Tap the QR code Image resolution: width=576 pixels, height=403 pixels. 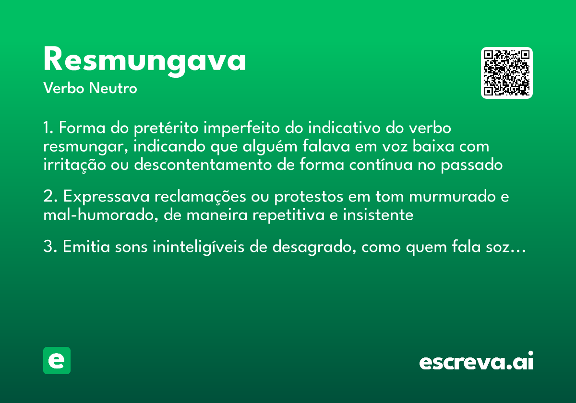point(507,73)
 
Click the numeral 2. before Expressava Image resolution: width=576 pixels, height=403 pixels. point(50,197)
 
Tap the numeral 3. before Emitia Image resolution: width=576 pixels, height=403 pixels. point(50,248)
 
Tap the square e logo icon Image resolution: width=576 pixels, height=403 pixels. point(57,360)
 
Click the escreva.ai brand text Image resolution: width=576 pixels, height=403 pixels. point(476,362)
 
